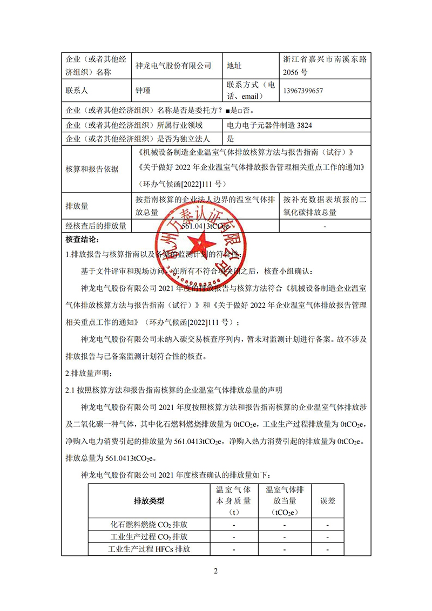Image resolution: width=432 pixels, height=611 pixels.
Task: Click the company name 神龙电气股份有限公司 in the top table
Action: point(173,66)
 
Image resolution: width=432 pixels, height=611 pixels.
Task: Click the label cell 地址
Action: point(235,66)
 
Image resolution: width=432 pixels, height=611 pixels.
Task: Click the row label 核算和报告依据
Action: point(92,168)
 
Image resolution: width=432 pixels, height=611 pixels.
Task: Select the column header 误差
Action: point(328,501)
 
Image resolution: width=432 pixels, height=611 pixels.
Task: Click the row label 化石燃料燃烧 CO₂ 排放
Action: point(148,525)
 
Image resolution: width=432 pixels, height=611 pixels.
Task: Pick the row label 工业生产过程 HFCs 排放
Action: point(148,549)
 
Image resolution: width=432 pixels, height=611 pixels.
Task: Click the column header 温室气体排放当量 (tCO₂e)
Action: point(285,501)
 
